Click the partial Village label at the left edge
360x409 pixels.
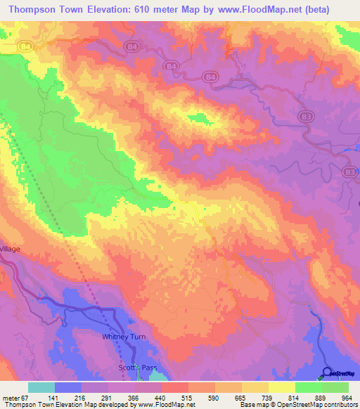click(11, 249)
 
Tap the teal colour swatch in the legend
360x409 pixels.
click(41, 388)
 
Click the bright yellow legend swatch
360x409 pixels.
click(281, 388)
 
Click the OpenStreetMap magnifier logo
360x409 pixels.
click(328, 372)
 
